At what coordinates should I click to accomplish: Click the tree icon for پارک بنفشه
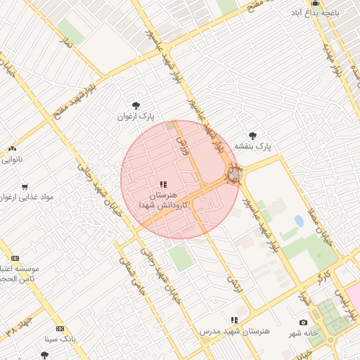[252, 136]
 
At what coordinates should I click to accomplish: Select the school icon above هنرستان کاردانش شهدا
[164, 184]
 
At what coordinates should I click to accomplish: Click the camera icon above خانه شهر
[303, 322]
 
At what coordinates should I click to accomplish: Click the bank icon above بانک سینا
[60, 328]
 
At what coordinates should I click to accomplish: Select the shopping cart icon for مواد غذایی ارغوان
[25, 187]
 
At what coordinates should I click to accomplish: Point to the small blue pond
[300, 221]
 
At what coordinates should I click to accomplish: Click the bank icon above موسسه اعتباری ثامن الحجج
[15, 258]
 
